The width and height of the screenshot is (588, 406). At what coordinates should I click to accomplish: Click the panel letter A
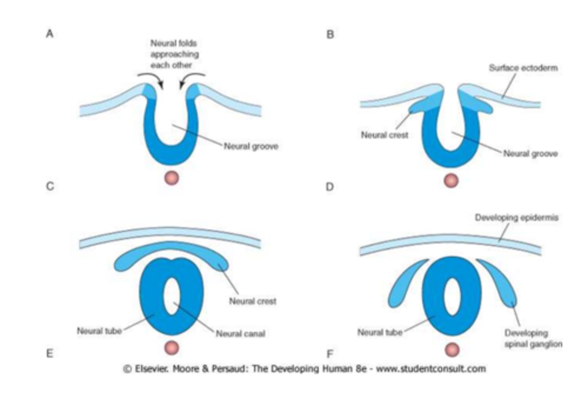click(x=49, y=34)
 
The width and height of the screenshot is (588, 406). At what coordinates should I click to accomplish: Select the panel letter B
click(x=330, y=34)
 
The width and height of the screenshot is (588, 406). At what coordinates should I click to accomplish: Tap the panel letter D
click(x=330, y=187)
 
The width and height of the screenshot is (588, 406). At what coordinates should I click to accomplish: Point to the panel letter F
click(x=330, y=353)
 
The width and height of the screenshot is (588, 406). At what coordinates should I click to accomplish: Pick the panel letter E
click(x=49, y=353)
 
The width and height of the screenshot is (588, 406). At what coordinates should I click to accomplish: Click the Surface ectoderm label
click(x=523, y=68)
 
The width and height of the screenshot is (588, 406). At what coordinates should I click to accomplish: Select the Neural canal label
click(x=241, y=334)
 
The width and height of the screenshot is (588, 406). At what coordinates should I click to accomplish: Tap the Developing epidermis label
click(x=516, y=218)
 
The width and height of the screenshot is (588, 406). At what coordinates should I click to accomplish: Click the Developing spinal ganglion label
click(x=533, y=339)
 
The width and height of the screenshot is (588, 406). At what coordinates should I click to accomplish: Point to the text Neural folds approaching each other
click(x=174, y=54)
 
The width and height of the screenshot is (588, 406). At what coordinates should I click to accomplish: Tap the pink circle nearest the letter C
click(x=171, y=178)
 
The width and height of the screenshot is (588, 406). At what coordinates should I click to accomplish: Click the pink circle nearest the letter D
click(x=451, y=180)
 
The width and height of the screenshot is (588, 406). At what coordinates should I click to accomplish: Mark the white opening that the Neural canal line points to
click(x=171, y=296)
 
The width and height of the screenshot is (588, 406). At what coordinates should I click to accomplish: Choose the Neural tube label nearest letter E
click(x=99, y=330)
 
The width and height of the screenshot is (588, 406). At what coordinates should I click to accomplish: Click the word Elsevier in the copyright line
click(x=151, y=369)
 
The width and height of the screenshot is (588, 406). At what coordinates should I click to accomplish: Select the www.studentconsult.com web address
click(x=431, y=369)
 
